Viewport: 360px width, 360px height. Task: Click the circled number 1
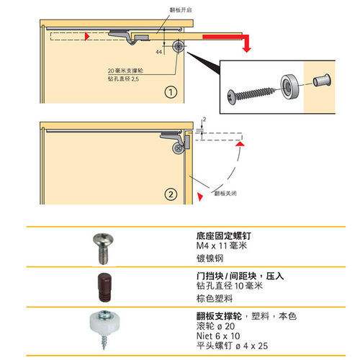click(x=168, y=93)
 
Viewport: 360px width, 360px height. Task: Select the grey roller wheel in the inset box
click(x=291, y=85)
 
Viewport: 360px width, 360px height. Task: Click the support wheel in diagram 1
click(x=177, y=45)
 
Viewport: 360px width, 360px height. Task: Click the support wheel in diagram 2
click(x=176, y=148)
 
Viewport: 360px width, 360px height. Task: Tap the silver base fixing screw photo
click(x=102, y=250)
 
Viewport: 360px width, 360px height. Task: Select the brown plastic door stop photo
click(x=102, y=287)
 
